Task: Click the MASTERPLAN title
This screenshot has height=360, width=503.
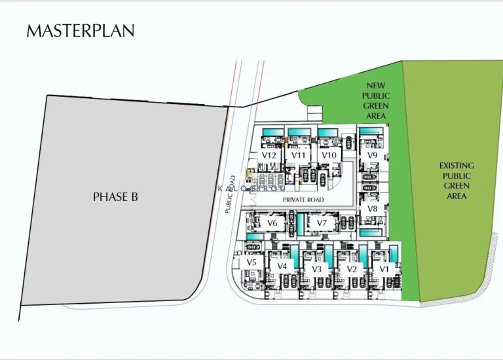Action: pos(80,31)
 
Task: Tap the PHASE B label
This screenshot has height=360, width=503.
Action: pos(115,196)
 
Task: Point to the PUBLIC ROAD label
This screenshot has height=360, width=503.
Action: pos(230,194)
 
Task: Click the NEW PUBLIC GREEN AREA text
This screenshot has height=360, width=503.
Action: pos(376,101)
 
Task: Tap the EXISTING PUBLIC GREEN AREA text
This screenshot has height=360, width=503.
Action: pos(456,181)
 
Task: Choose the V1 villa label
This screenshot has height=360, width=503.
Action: pos(384,268)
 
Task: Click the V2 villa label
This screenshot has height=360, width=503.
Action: pos(352,268)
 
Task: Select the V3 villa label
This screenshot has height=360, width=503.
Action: pos(317,268)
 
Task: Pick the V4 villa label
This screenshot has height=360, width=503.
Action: pos(282,266)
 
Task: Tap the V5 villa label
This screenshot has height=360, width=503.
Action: pos(251,262)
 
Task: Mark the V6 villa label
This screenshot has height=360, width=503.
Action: pos(272,223)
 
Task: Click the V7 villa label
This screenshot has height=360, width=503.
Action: pos(322,223)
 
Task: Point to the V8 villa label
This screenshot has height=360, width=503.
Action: pos(372,209)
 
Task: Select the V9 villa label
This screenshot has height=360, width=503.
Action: pos(372,155)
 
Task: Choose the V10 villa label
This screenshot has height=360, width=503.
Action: pos(329,155)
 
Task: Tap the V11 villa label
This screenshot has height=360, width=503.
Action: pos(299,155)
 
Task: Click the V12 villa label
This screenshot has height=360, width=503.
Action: pos(269,155)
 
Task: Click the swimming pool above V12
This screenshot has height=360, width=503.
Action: pos(272,134)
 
